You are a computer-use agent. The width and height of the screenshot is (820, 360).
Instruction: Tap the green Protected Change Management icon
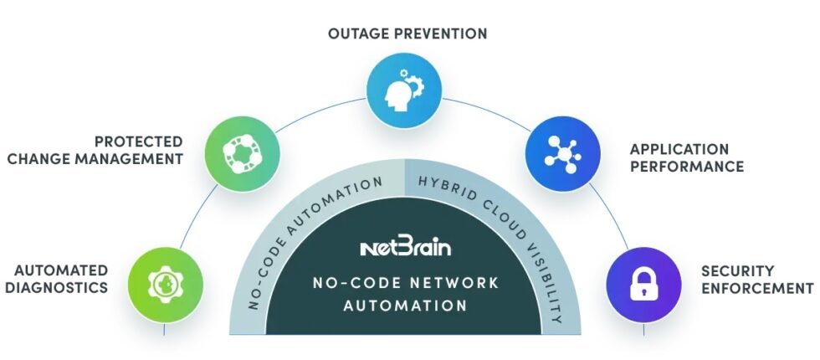[x=240, y=152]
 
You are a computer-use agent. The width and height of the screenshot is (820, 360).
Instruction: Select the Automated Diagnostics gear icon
[x=164, y=283]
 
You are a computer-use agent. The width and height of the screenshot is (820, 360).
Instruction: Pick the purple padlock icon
[x=640, y=283]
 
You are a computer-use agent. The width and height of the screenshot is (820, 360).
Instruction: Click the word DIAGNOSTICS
[x=61, y=287]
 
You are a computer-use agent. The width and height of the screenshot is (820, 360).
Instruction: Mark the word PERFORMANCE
[x=686, y=167]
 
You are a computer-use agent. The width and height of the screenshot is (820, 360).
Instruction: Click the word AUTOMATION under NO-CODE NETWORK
[x=408, y=306]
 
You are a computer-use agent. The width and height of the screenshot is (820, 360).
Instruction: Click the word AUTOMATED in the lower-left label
[x=61, y=270]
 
